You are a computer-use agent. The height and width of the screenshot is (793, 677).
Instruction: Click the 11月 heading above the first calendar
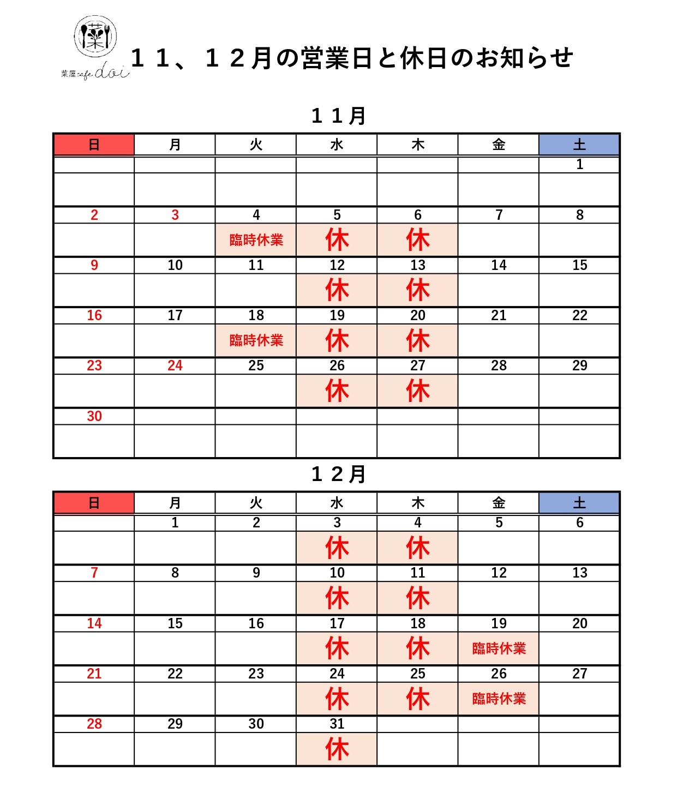point(338,116)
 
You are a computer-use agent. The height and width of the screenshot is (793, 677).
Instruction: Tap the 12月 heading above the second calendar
point(338,474)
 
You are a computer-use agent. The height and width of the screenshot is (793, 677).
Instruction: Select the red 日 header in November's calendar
point(94,145)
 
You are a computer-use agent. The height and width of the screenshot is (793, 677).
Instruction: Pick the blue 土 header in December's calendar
point(579,503)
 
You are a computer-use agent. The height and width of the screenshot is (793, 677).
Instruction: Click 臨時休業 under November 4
point(256,240)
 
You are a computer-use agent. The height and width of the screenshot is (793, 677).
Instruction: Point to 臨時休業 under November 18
point(256,340)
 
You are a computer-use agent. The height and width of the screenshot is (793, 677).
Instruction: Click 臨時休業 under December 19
point(499,648)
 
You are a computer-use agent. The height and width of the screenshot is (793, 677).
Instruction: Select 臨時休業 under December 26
point(499,699)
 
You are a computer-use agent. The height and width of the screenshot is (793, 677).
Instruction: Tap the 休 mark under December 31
point(337,749)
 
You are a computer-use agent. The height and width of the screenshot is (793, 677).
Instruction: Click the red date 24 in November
point(175,365)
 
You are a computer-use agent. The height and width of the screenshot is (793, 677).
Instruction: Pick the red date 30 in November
point(94,416)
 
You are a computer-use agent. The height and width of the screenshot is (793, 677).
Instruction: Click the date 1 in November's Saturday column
point(579,164)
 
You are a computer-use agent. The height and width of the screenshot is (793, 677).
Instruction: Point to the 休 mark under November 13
point(417,290)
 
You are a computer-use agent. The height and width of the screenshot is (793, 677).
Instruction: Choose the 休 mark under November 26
point(337,391)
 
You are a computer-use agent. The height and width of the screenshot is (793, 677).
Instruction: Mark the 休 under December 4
point(417,548)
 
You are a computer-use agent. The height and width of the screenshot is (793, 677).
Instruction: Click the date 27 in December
point(579,674)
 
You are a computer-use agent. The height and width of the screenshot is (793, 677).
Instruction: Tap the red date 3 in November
point(175,215)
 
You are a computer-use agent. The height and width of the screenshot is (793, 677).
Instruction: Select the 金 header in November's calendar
point(499,145)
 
